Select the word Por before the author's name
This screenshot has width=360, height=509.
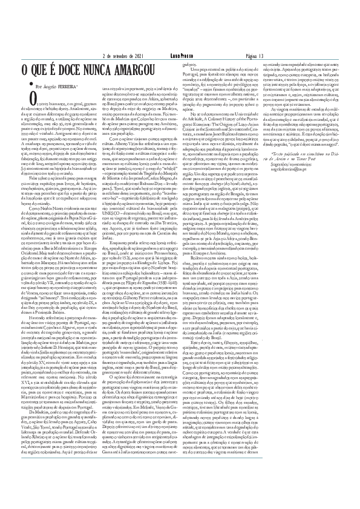click(39, 86)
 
